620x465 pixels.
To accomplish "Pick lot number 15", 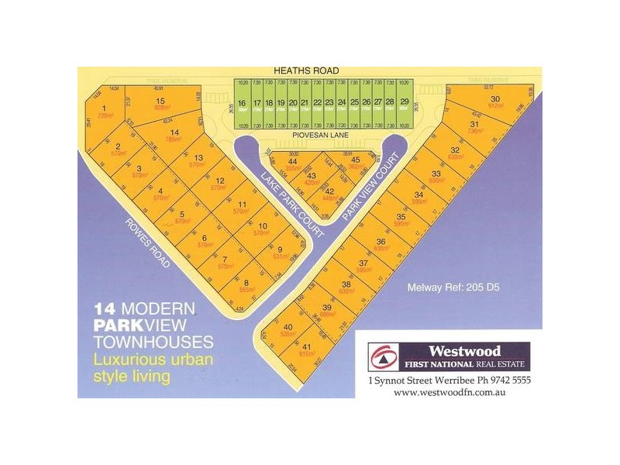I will (x=161, y=102).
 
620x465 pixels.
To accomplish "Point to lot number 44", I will (x=292, y=161).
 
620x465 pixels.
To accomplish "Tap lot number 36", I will (x=381, y=243).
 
